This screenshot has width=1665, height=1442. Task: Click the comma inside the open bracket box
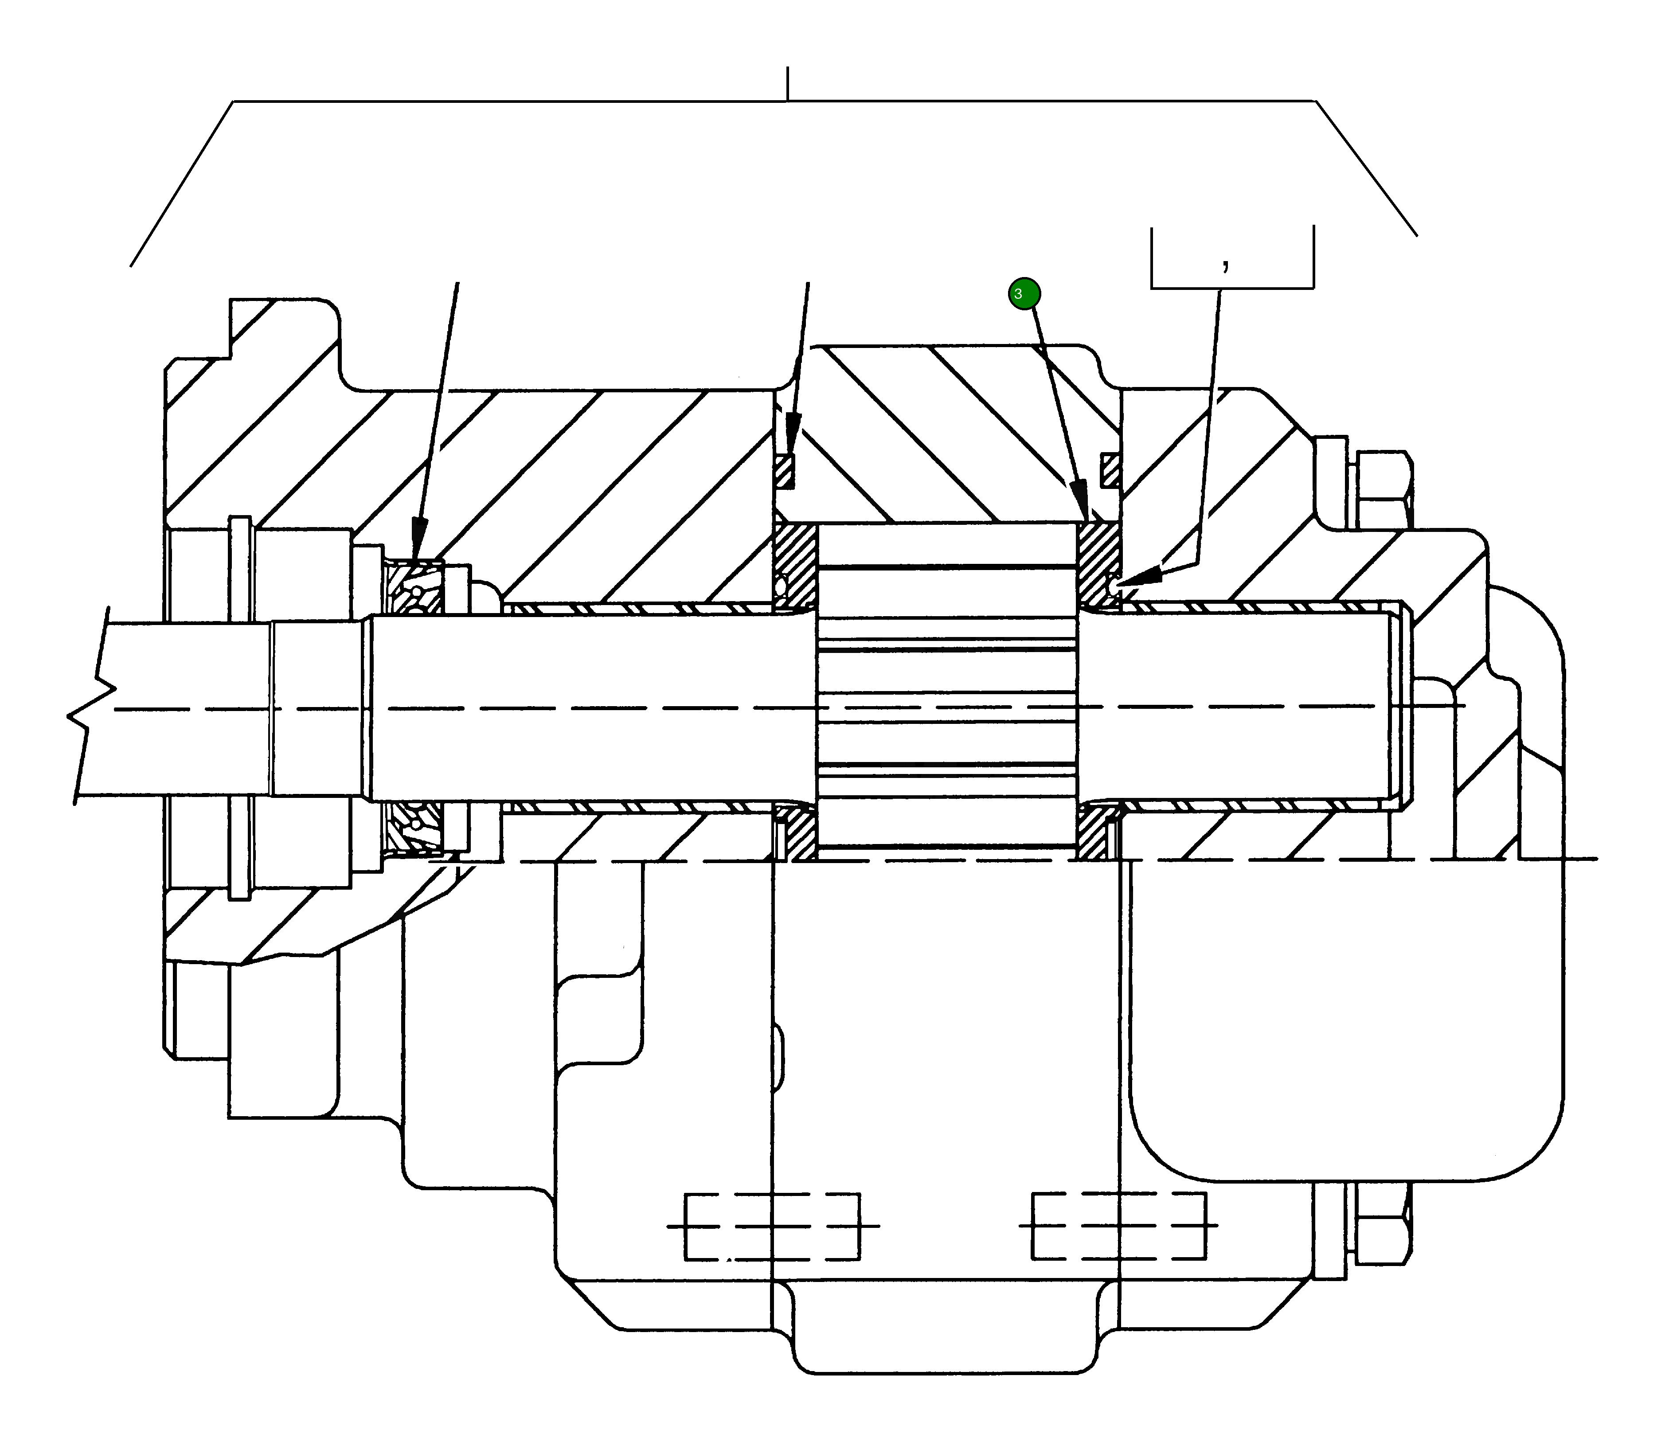(x=1225, y=263)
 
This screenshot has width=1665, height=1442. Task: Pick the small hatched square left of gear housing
(x=786, y=473)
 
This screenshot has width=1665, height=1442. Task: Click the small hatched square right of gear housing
(x=1110, y=471)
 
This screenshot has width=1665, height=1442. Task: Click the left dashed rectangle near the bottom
(x=772, y=1227)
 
